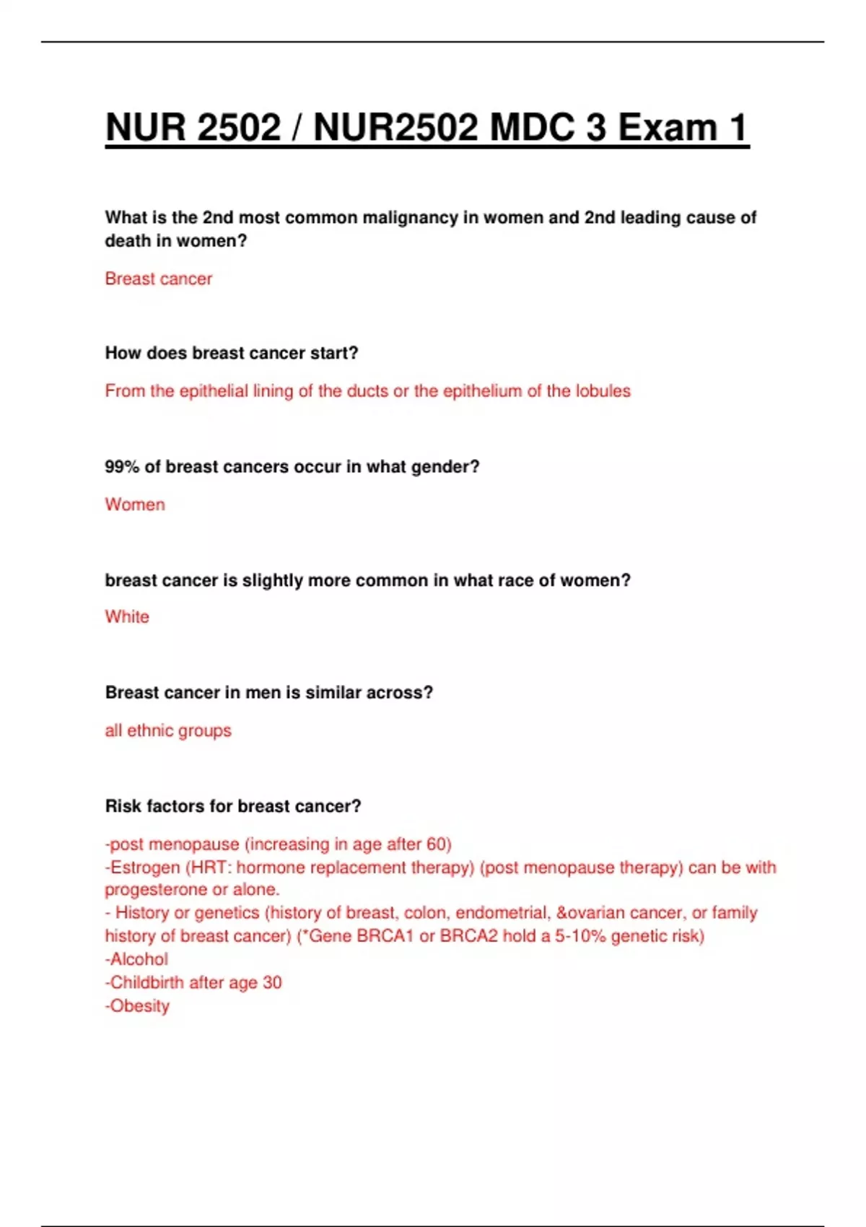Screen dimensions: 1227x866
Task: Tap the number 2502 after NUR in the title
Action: pyautogui.click(x=238, y=128)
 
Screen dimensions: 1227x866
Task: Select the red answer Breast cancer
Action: pyautogui.click(x=159, y=279)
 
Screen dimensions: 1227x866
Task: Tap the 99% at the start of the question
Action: pyautogui.click(x=122, y=467)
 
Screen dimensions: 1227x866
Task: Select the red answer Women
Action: pyautogui.click(x=135, y=504)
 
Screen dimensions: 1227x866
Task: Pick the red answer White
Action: pyautogui.click(x=127, y=616)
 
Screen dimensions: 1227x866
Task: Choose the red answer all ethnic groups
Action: pyautogui.click(x=168, y=730)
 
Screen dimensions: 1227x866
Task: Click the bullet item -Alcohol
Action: pyautogui.click(x=136, y=959)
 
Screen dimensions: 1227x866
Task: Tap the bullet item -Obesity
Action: pyautogui.click(x=137, y=1005)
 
